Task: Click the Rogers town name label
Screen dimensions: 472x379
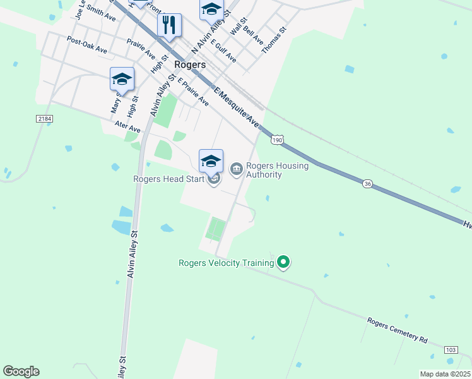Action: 190,65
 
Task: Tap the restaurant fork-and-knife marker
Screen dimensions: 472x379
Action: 169,26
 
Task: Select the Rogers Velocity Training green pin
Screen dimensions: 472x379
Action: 283,261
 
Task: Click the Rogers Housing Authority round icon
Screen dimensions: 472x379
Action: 237,168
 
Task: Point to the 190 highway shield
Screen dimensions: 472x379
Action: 277,140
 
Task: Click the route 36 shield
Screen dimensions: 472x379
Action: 369,183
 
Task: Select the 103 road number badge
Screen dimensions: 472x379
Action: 451,349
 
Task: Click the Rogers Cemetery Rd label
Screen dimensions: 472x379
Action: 398,330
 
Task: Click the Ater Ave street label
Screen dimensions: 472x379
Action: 127,127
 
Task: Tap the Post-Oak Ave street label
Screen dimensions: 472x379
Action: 86,45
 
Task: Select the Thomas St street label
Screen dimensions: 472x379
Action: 274,39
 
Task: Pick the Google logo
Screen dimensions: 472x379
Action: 21,371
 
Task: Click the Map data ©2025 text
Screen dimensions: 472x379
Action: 445,374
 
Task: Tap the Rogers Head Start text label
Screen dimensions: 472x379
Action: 168,179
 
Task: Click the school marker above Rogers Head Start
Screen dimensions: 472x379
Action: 211,161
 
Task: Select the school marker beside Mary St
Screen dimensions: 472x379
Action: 122,79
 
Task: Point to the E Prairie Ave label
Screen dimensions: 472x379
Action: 193,92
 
